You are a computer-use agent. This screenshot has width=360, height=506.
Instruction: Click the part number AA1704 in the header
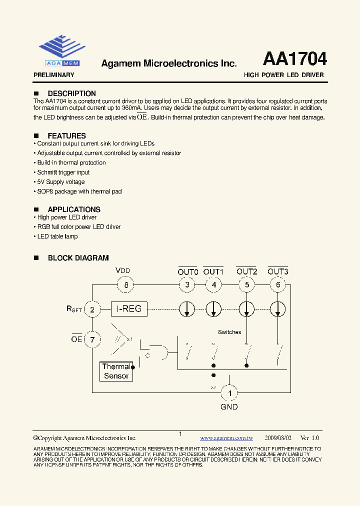point(294,59)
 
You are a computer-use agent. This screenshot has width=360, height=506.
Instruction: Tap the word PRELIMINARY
point(53,75)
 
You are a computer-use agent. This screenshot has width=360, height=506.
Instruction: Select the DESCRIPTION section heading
point(71,93)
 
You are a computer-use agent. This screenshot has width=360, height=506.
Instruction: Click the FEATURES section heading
point(66,136)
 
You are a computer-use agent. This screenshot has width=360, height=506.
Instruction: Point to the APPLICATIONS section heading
point(74,209)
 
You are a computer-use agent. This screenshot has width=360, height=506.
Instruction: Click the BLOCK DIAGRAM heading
point(78,258)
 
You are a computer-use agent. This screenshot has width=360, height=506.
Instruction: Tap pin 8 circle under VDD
point(125,285)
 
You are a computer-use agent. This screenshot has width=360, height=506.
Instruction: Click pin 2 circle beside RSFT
point(92,309)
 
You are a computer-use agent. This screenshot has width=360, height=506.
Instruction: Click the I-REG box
point(129,309)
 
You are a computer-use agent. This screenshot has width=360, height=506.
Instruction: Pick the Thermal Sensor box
point(116,371)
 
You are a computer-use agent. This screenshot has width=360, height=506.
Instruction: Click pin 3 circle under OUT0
point(187,285)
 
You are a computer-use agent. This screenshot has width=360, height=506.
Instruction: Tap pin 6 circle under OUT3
point(277,285)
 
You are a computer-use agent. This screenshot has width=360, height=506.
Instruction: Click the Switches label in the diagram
point(229,332)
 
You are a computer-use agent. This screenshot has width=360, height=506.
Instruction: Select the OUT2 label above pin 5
point(246,271)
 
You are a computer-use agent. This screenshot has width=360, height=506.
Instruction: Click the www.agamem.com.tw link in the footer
point(226,437)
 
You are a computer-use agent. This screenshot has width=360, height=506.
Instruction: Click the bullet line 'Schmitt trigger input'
point(63,172)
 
